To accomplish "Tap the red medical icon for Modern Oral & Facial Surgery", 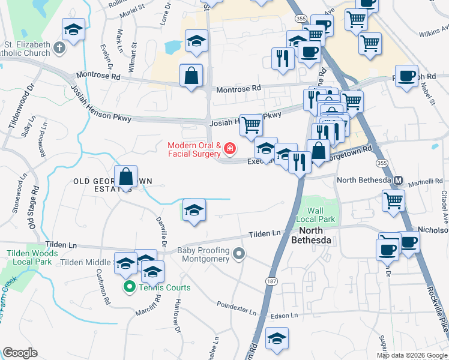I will pos(229,148).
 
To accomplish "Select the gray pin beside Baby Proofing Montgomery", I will pos(239,254).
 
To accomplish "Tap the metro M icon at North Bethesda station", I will pos(397,180).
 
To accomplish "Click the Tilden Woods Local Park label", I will pos(32,258).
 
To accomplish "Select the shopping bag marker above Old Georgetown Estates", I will pos(126,177).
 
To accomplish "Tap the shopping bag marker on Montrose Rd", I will pos(191,76).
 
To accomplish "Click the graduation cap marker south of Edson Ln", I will pos(277,339).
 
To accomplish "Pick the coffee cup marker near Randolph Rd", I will pos(406,76).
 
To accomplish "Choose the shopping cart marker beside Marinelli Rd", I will pos(393,200).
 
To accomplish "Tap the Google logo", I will pos(20,353).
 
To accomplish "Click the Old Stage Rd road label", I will pos(34,206).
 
